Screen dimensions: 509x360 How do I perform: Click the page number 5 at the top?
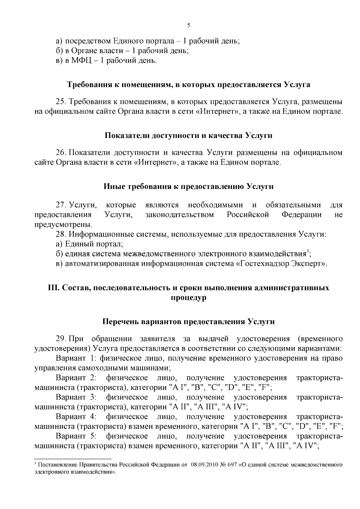click(188, 25)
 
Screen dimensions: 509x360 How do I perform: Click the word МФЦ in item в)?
click(80, 61)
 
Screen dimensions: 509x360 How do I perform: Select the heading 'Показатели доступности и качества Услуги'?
click(188, 136)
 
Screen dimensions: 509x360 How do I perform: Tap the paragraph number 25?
click(61, 102)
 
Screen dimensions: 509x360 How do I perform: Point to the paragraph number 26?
click(61, 153)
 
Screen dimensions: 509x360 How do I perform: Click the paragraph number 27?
click(61, 205)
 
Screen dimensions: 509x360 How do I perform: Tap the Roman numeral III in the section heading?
click(53, 288)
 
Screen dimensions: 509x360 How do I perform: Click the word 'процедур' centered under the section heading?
click(188, 298)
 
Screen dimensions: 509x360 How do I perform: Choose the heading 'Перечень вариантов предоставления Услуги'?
click(188, 322)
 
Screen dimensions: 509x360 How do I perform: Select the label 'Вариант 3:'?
click(76, 397)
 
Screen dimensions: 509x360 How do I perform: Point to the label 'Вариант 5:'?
click(76, 436)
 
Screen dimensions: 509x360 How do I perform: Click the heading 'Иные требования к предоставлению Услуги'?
click(188, 187)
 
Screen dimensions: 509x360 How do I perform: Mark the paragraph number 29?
click(61, 339)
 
